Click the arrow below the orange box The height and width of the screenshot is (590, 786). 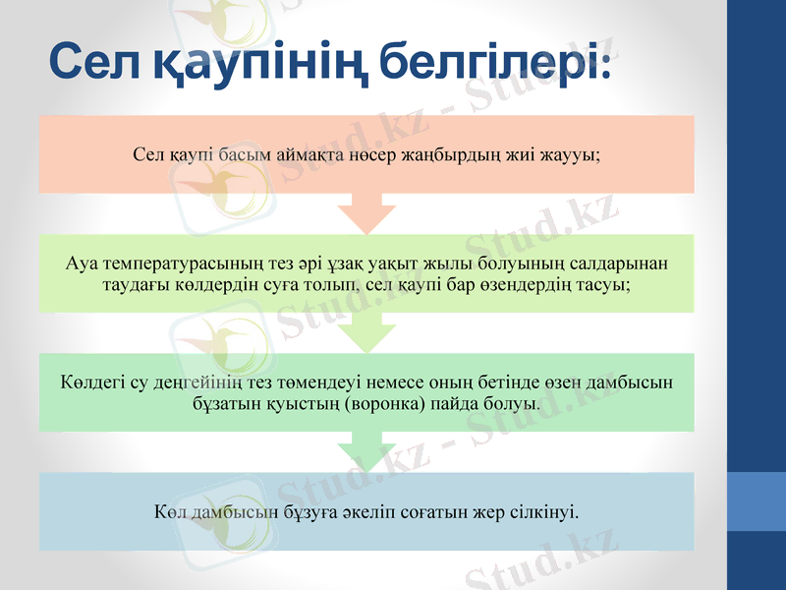tap(365, 211)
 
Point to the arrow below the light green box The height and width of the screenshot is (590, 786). tap(365, 331)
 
